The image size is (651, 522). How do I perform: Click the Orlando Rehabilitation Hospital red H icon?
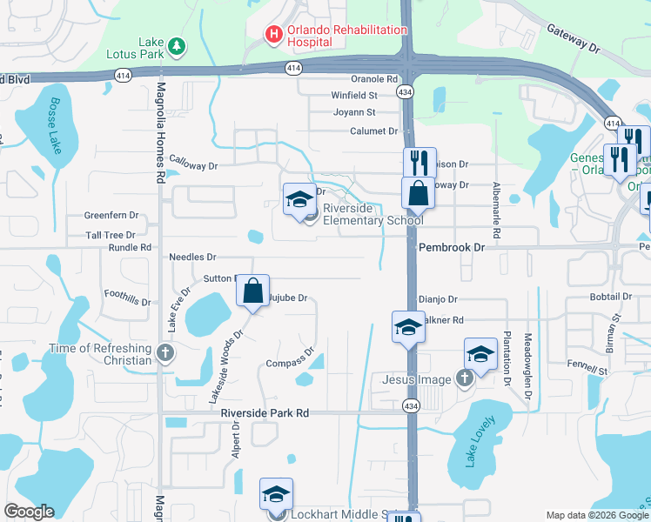pyautogui.click(x=273, y=35)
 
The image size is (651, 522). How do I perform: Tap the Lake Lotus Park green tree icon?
pyautogui.click(x=177, y=45)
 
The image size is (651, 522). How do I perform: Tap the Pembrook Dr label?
pyautogui.click(x=451, y=248)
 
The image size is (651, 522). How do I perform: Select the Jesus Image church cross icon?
pyautogui.click(x=464, y=378)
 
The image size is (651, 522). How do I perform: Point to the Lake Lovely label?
pyautogui.click(x=480, y=442)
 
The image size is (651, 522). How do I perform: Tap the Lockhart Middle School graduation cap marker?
pyautogui.click(x=276, y=496)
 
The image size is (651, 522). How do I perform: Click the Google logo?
pyautogui.click(x=30, y=512)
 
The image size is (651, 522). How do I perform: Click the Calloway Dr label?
pyautogui.click(x=193, y=161)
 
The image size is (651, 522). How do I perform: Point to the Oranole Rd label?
pyautogui.click(x=374, y=79)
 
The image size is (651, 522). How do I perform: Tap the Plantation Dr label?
pyautogui.click(x=505, y=357)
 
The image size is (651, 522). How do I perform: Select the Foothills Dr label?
pyautogui.click(x=127, y=298)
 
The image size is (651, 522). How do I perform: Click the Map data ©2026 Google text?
pyautogui.click(x=596, y=515)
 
